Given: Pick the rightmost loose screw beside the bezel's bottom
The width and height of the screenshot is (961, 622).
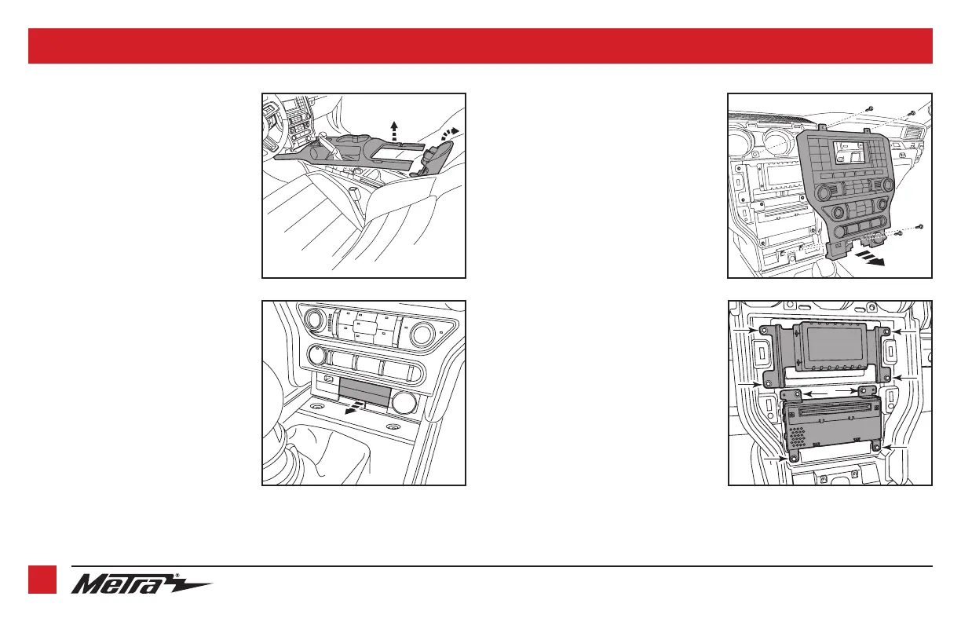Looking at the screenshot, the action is click(920, 226).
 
